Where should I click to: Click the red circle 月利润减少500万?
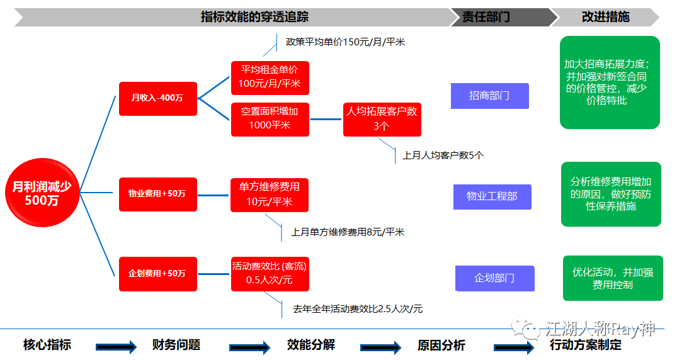tap(42, 194)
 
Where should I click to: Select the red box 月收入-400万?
tap(157, 98)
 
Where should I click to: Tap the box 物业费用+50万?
tap(157, 194)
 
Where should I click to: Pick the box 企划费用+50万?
tap(157, 274)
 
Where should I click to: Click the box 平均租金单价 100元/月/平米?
tap(270, 77)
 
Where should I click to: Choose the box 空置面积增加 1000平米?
tap(270, 118)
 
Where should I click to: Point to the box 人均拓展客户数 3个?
tap(382, 118)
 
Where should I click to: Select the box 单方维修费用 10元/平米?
tap(270, 194)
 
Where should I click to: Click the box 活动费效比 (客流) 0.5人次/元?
tap(270, 274)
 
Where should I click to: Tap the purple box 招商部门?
tap(489, 96)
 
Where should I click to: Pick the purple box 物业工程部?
tap(492, 196)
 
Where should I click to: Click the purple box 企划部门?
tap(494, 278)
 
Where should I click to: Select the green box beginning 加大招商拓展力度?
tap(609, 82)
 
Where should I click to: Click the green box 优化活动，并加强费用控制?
tap(612, 278)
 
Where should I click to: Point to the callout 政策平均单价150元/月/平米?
tap(345, 42)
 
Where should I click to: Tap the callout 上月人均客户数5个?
tap(443, 155)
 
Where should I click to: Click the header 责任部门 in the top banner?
tap(486, 17)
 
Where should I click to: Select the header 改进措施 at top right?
tap(605, 17)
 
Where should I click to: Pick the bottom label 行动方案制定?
tap(585, 345)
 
